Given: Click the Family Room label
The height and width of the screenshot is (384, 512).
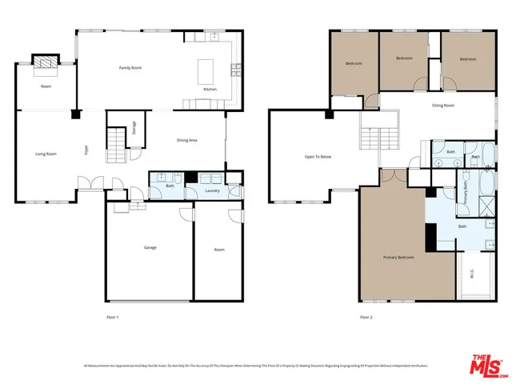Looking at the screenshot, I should (130, 68).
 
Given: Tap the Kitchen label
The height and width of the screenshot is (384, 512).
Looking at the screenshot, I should (210, 89).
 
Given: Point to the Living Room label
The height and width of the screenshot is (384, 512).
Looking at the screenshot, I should (46, 154).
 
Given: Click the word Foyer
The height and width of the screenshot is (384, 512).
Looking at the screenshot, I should (86, 150).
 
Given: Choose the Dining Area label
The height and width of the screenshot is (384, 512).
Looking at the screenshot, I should (187, 141).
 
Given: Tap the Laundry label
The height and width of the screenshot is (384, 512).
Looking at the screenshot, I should (212, 191).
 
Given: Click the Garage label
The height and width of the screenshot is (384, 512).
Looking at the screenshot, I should (150, 248).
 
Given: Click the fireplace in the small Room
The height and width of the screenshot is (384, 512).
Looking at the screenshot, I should (45, 62).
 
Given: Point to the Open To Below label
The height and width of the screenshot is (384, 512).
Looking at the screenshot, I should (318, 157).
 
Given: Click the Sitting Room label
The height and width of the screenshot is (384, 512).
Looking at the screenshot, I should (443, 106).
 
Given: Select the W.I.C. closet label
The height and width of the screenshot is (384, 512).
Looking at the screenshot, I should (472, 275).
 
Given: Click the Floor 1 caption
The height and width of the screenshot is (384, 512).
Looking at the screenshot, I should (113, 318).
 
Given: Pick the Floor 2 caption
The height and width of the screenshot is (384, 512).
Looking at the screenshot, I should (366, 318).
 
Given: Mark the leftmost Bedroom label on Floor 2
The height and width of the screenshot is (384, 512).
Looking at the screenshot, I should (354, 64).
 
